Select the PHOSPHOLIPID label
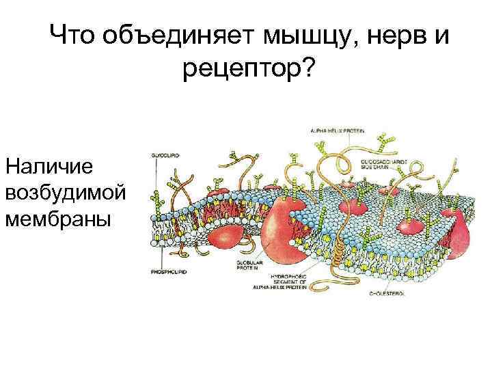[168, 271]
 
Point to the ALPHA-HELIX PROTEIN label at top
[338, 130]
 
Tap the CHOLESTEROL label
[387, 293]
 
